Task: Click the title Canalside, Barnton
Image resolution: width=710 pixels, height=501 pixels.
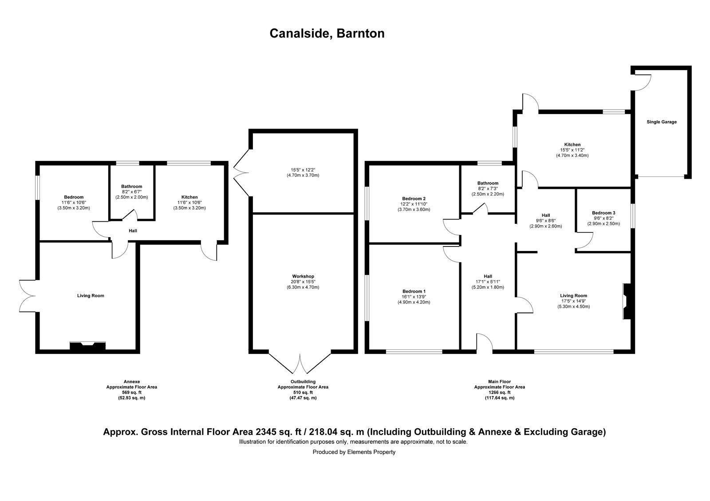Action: pyautogui.click(x=327, y=34)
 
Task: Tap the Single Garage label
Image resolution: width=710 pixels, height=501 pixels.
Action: pyautogui.click(x=661, y=122)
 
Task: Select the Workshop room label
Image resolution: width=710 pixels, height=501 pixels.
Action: pyautogui.click(x=303, y=276)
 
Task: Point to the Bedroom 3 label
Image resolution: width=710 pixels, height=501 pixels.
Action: pyautogui.click(x=603, y=213)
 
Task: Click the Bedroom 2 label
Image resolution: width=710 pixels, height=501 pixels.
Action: pyautogui.click(x=414, y=199)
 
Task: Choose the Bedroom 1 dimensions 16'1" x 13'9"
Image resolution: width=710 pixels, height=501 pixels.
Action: pyautogui.click(x=414, y=297)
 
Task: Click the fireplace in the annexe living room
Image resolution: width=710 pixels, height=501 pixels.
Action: pyautogui.click(x=87, y=346)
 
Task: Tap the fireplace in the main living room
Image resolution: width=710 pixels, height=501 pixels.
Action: pyautogui.click(x=627, y=301)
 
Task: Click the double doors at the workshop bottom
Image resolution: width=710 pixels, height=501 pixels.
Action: pyautogui.click(x=300, y=364)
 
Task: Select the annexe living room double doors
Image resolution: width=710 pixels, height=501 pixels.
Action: pyautogui.click(x=28, y=295)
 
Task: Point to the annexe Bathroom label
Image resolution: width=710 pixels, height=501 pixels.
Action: pyautogui.click(x=131, y=187)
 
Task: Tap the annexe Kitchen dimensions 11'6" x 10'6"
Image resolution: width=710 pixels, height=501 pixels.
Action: pyautogui.click(x=189, y=203)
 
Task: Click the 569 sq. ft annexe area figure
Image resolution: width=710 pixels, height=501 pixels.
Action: pyautogui.click(x=131, y=392)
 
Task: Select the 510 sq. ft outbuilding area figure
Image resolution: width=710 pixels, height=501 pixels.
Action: pyautogui.click(x=303, y=392)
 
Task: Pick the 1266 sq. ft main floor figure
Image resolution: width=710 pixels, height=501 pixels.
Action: pyautogui.click(x=499, y=392)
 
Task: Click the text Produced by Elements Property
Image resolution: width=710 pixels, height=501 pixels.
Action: pyautogui.click(x=354, y=452)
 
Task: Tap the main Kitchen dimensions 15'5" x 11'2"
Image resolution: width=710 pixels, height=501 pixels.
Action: pyautogui.click(x=572, y=150)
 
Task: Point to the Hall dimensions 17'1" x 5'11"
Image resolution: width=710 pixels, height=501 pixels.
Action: pyautogui.click(x=488, y=282)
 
